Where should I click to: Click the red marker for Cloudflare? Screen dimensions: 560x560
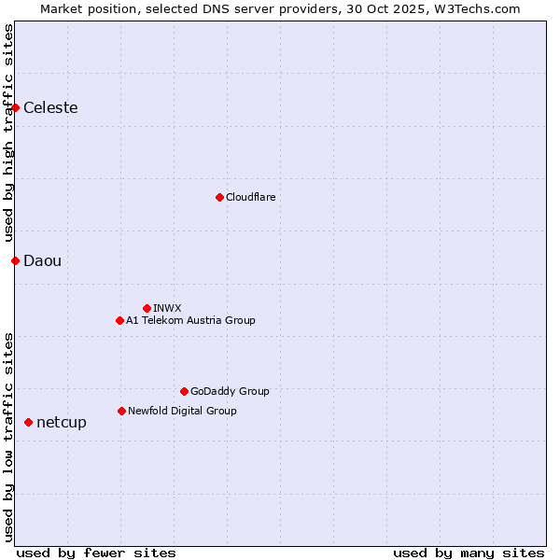pyautogui.click(x=219, y=197)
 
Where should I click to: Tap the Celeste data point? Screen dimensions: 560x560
pyautogui.click(x=16, y=108)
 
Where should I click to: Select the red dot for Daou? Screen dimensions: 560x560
pyautogui.click(x=16, y=260)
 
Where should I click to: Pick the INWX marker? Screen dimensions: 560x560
pyautogui.click(x=147, y=308)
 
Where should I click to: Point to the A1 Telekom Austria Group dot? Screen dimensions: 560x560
pyautogui.click(x=119, y=320)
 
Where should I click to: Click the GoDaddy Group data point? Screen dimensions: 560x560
pyautogui.click(x=184, y=391)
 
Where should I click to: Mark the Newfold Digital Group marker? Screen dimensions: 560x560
pyautogui.click(x=121, y=411)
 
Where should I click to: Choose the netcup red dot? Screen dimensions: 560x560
pyautogui.click(x=28, y=423)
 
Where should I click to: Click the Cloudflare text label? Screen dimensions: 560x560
pyautogui.click(x=250, y=197)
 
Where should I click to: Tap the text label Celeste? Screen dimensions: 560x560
pyautogui.click(x=50, y=108)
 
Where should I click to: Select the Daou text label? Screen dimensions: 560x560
pyautogui.click(x=42, y=260)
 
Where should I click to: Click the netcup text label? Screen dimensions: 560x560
pyautogui.click(x=62, y=423)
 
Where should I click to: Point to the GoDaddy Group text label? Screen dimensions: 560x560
pyautogui.click(x=230, y=391)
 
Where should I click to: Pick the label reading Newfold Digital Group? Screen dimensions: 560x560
pyautogui.click(x=182, y=411)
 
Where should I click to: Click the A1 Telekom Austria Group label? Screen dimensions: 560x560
pyautogui.click(x=190, y=320)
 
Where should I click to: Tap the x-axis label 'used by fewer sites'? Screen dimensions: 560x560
pyautogui.click(x=96, y=553)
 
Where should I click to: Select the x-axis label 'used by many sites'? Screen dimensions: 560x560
pyautogui.click(x=469, y=553)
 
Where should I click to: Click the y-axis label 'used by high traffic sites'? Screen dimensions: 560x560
pyautogui.click(x=8, y=133)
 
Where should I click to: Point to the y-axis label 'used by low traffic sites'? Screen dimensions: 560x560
pyautogui.click(x=8, y=437)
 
